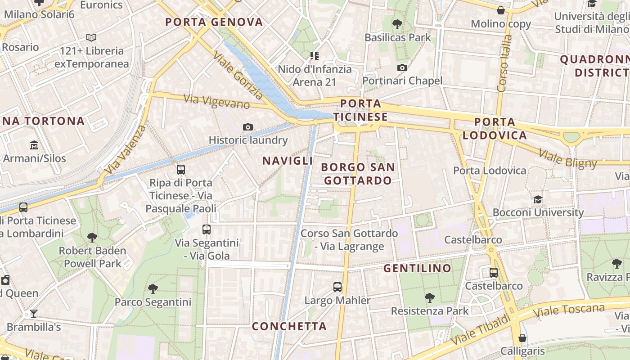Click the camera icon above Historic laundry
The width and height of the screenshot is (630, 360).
coord(248,127)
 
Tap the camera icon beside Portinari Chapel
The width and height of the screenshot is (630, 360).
coord(402,68)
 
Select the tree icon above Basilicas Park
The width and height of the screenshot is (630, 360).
coord(397,24)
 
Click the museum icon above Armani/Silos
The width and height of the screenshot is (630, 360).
coord(34,145)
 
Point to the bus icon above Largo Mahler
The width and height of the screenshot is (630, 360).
coord(337,287)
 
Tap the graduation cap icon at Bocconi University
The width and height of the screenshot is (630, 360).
coord(538,199)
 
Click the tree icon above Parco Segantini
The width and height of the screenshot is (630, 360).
coord(153,288)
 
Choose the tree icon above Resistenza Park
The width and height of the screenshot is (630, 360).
coord(429,297)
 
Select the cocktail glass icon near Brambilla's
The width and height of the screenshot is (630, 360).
coord(33,314)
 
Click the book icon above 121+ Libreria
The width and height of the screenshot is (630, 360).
coord(91,38)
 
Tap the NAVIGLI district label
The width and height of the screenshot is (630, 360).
coord(288,161)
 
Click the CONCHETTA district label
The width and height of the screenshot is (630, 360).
coord(289,326)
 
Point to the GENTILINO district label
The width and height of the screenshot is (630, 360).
coord(417,268)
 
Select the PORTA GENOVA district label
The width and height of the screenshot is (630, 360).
coord(214,22)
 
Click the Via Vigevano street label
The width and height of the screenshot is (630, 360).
coord(217,101)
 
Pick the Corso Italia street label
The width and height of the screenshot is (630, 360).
coord(504,63)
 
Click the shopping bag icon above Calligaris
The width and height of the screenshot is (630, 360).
coord(522,337)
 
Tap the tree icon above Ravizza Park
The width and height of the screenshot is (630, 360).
coord(616,263)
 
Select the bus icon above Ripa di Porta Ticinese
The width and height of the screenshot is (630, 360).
coord(181,170)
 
